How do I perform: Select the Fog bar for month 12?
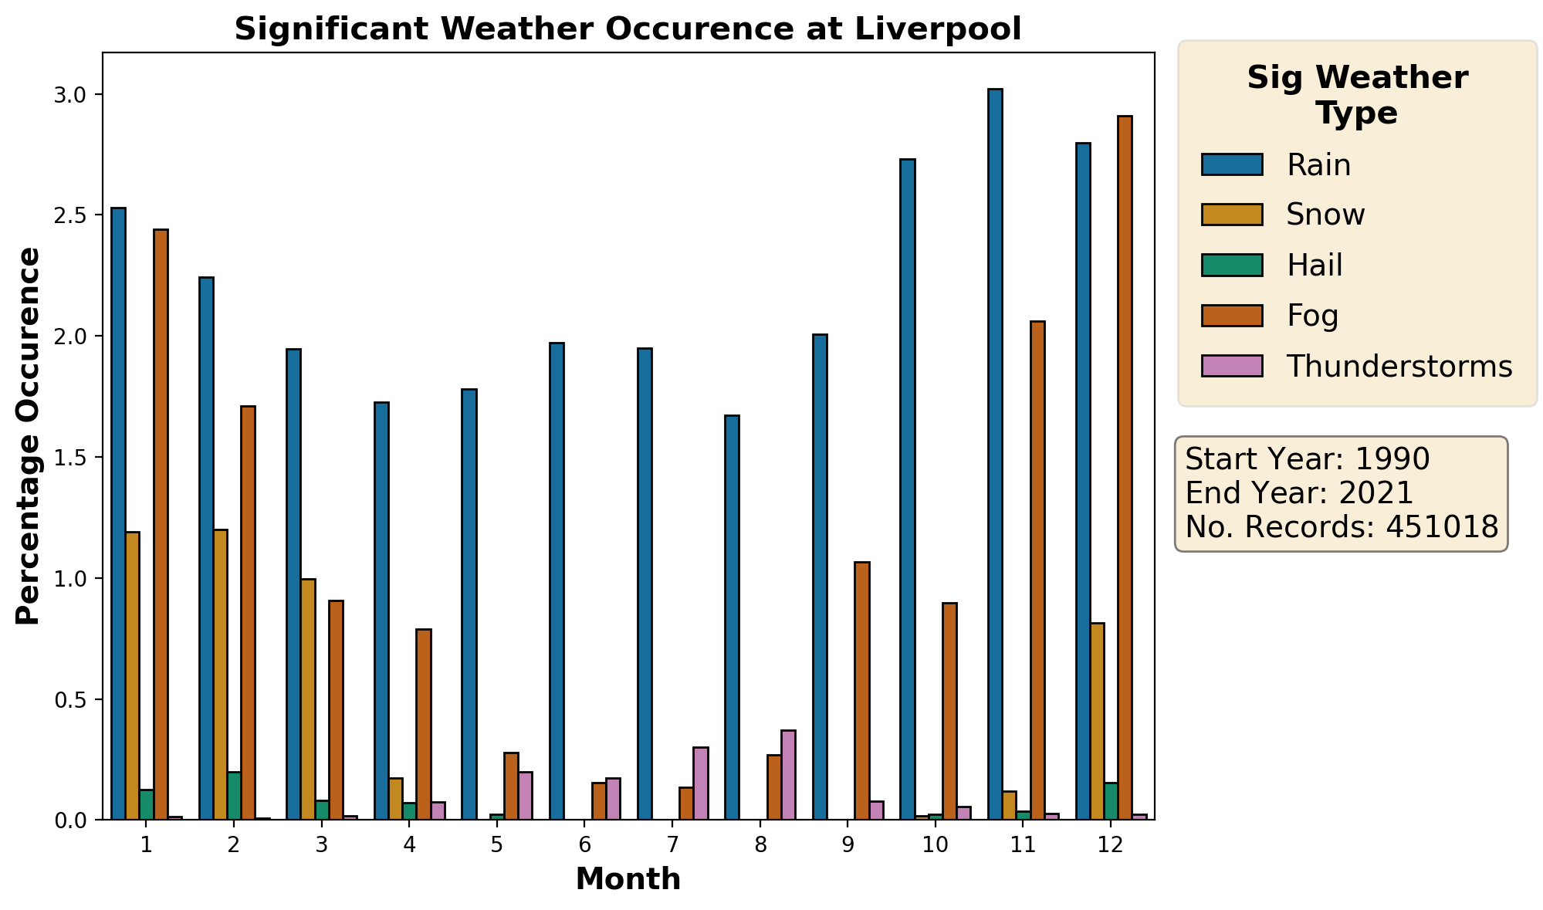point(1125,468)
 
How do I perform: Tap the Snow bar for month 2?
point(220,675)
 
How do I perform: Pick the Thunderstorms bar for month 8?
point(788,775)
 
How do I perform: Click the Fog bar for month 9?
point(861,691)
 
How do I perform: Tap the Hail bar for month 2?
point(234,796)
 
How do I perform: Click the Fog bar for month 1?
point(161,524)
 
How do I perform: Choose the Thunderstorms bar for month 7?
point(701,783)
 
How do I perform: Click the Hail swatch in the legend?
point(1231,266)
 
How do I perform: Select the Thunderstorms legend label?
point(1399,367)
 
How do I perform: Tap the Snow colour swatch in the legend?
point(1231,215)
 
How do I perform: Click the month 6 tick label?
point(584,845)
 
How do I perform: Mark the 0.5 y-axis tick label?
point(72,700)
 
